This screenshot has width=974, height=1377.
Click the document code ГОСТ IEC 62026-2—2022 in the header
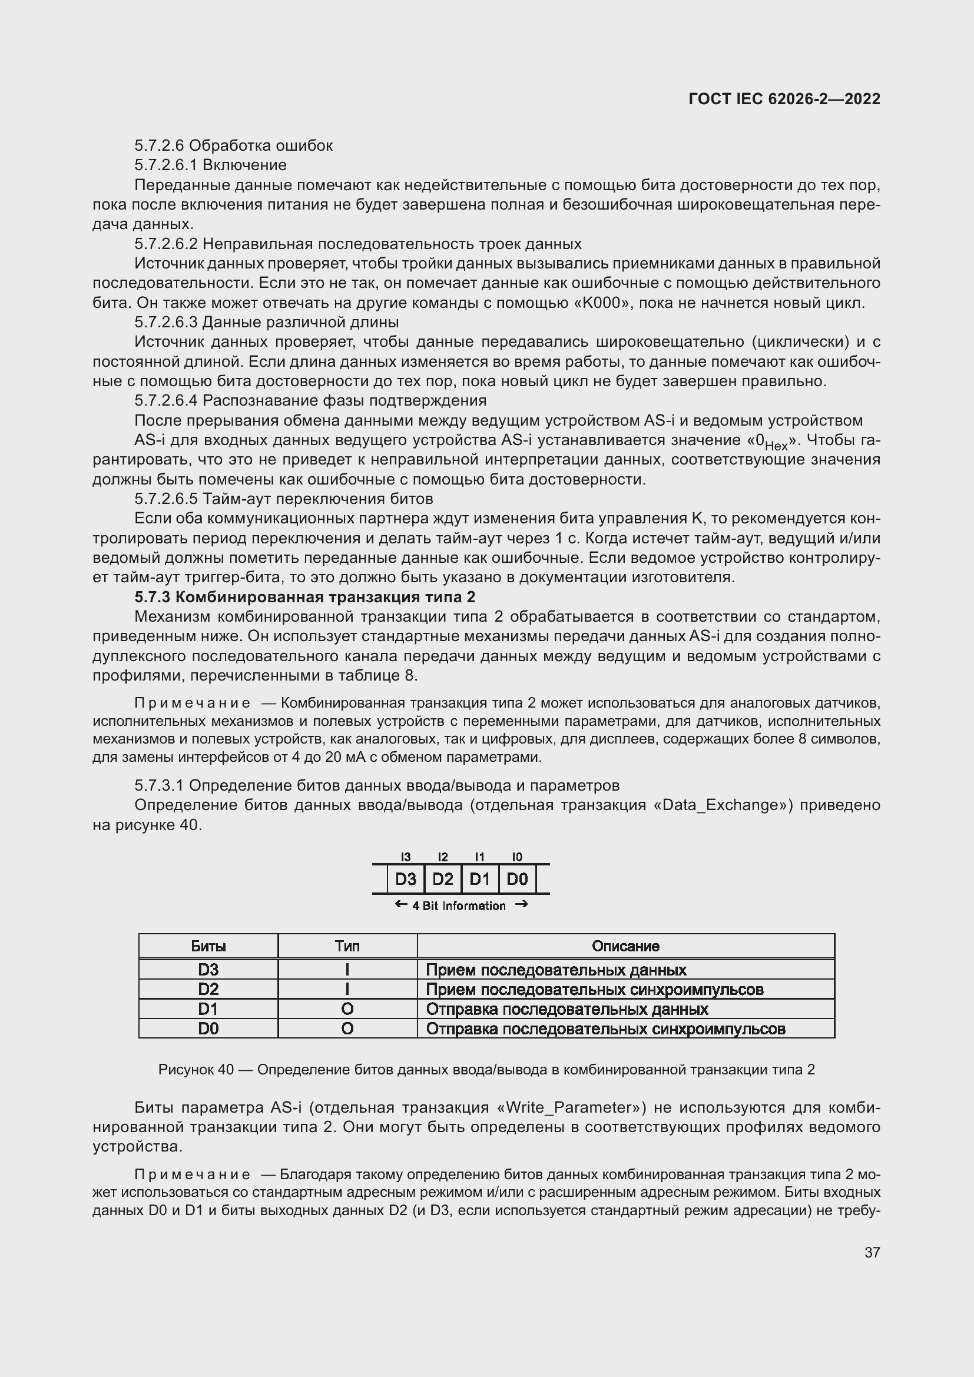point(784,99)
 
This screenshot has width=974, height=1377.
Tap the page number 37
point(872,1252)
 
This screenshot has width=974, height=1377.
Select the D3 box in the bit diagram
point(405,879)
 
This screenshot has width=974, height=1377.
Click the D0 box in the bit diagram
point(517,879)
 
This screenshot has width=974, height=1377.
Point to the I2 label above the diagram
point(443,857)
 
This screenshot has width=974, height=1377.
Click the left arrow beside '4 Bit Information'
point(400,904)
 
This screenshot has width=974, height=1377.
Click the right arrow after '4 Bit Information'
point(521,904)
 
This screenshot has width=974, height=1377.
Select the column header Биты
point(208,946)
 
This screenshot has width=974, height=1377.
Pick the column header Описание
point(625,946)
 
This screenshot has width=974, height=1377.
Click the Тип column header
point(347,946)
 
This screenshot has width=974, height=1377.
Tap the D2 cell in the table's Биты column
point(208,989)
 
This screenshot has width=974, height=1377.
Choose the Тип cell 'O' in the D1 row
point(347,1009)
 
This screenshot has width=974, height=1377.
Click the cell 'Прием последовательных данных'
point(556,970)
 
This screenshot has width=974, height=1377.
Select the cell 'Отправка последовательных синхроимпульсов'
point(605,1028)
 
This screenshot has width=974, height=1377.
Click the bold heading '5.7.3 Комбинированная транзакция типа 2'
point(304,597)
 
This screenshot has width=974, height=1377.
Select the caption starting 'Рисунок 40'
point(486,1069)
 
